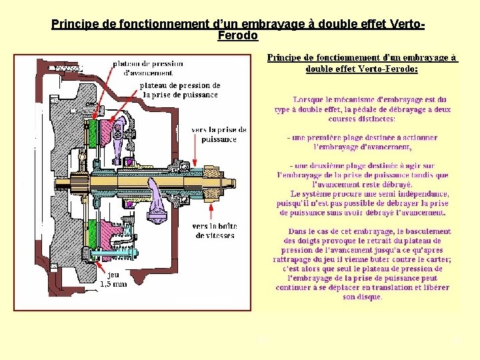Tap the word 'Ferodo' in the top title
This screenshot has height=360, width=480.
tap(238, 35)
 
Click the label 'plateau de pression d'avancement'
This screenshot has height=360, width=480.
tap(148, 68)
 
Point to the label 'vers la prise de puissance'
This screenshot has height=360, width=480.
tap(219, 135)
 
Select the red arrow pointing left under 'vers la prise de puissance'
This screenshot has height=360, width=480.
tap(203, 155)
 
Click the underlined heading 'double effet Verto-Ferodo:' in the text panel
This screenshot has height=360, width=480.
tap(361, 69)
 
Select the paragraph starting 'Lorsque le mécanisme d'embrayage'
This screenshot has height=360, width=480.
tap(362, 109)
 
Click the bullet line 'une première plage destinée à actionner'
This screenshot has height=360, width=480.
tap(362, 142)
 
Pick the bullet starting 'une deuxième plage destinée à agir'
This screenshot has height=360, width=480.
tap(362, 175)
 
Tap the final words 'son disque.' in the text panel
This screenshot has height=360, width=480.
tap(359, 297)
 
